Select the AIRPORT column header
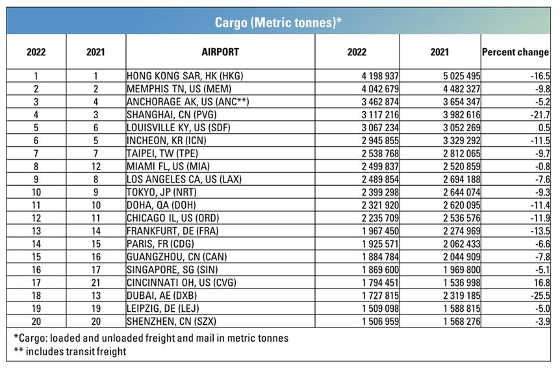220,52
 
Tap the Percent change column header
515,52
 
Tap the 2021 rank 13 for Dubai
95,295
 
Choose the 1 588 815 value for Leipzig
463,307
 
